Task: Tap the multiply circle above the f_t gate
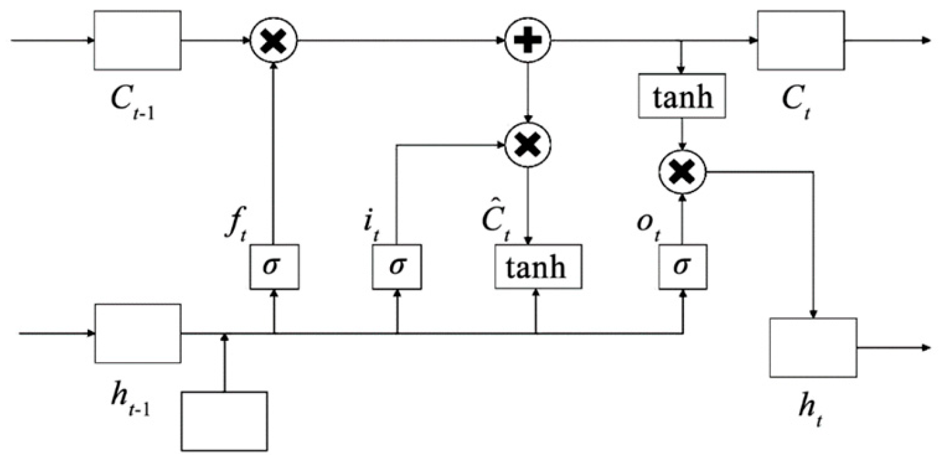(x=274, y=40)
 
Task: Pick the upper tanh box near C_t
(x=683, y=98)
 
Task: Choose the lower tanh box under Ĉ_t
(x=538, y=267)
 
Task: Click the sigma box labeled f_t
(x=274, y=267)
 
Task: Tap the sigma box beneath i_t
(x=397, y=267)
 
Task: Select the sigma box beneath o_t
(x=683, y=267)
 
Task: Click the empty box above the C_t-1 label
(x=138, y=40)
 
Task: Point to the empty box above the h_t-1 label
(x=138, y=333)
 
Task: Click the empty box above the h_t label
(x=813, y=348)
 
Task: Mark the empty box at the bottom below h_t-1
(x=224, y=421)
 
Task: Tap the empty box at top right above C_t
(x=801, y=40)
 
